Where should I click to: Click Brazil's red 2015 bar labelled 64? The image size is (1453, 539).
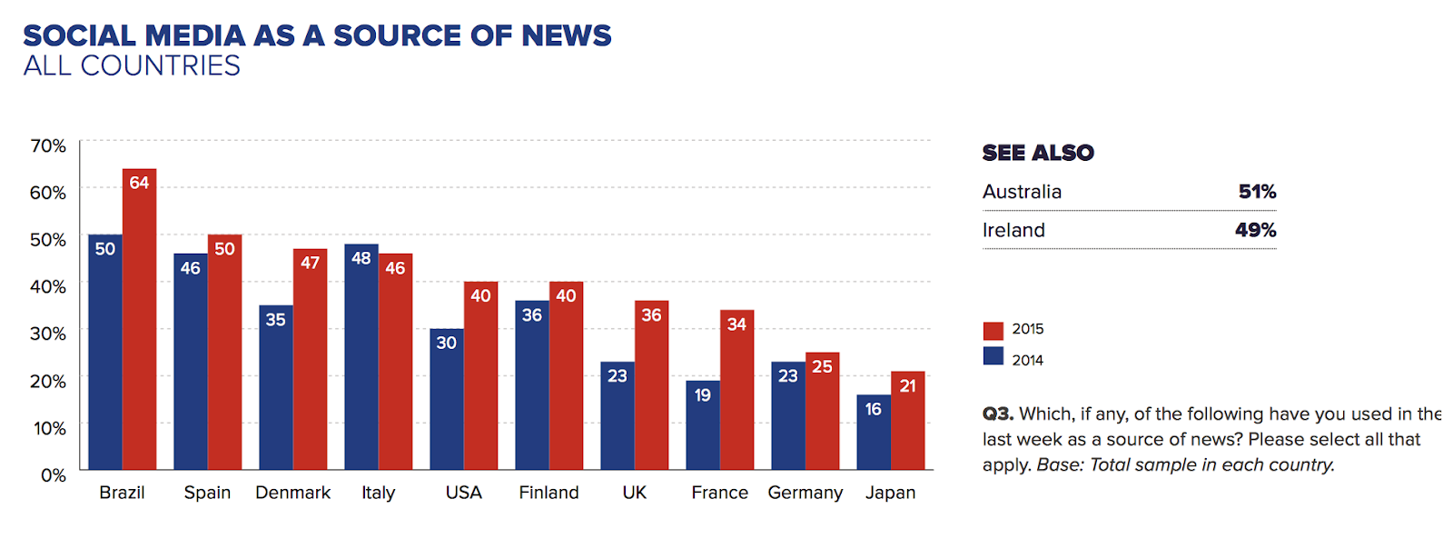pyautogui.click(x=139, y=318)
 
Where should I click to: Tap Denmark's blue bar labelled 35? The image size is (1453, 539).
pyautogui.click(x=275, y=387)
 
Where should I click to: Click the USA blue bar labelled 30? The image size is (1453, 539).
pyautogui.click(x=446, y=399)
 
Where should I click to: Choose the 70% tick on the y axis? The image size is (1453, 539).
pyautogui.click(x=48, y=145)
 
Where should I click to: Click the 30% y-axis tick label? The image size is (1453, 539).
pyautogui.click(x=48, y=334)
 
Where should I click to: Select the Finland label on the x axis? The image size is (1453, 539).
pyautogui.click(x=549, y=493)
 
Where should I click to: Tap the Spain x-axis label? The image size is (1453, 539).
pyautogui.click(x=207, y=493)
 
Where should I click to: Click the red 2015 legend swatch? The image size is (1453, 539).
pyautogui.click(x=993, y=330)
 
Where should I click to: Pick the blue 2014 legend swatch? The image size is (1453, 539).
pyautogui.click(x=993, y=356)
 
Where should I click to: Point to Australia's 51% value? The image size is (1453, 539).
pyautogui.click(x=1257, y=192)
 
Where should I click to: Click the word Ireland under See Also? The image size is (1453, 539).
pyautogui.click(x=1013, y=230)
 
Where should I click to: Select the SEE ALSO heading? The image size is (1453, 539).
pyautogui.click(x=1038, y=153)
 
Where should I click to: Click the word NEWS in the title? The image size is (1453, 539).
pyautogui.click(x=566, y=35)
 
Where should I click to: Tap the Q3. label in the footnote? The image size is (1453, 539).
pyautogui.click(x=997, y=414)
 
